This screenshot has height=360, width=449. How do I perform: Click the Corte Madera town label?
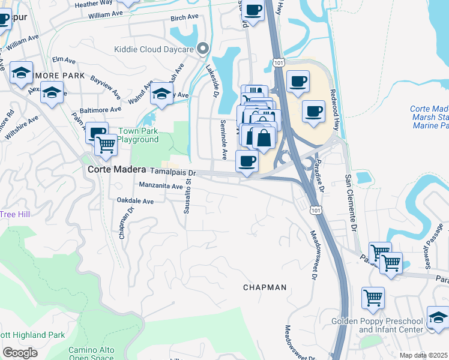pos(116,170)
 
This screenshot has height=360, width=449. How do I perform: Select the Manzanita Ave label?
pos(161,187)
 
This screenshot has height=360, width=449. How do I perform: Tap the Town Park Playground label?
pos(138,136)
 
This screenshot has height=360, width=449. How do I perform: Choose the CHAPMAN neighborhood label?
pos(265,287)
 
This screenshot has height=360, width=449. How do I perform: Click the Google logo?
pos(20,353)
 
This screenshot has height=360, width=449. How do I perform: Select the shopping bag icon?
pos(264,139)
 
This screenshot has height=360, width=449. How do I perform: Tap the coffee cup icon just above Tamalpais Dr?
pos(247,161)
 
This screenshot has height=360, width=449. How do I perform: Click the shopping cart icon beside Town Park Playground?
pos(106,144)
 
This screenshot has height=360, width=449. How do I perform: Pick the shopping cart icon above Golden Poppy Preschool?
pos(373,298)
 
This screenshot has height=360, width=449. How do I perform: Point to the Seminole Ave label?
pos(223,139)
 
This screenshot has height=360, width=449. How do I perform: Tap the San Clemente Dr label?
pos(350,204)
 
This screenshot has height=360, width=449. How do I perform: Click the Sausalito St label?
pos(188,194)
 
